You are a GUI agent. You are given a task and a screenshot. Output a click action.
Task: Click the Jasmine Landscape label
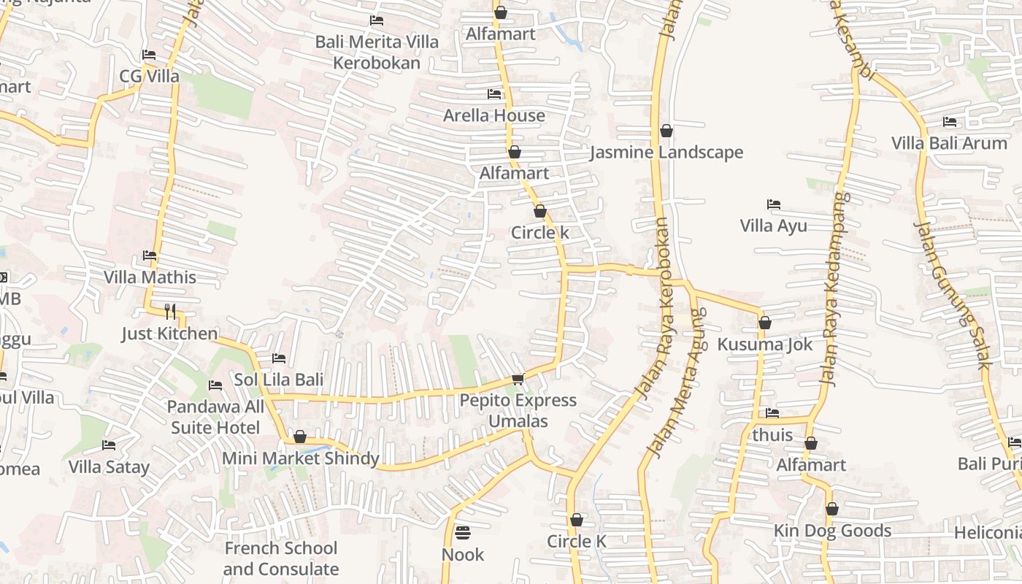tap(666, 152)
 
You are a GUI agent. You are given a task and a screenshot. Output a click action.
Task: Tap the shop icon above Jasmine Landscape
tap(666, 131)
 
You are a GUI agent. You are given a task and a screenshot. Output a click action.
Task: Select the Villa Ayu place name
tap(773, 226)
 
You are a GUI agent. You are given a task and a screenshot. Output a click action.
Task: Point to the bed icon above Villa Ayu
tap(773, 204)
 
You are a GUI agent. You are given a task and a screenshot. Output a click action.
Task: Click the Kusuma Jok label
tap(764, 344)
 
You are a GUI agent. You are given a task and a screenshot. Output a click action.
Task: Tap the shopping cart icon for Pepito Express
tap(518, 379)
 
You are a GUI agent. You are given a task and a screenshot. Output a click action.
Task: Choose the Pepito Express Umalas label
tap(518, 410)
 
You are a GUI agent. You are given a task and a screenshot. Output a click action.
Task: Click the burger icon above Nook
tap(462, 533)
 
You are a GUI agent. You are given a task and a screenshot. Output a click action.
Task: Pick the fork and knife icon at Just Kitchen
tap(169, 312)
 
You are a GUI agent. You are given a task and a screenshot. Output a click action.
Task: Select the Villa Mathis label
tap(150, 277)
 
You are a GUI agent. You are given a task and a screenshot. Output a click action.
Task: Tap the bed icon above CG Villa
tap(149, 55)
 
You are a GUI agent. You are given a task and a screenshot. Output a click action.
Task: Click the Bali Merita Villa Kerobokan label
tap(377, 52)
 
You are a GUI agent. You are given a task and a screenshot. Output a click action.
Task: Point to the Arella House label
tap(494, 115)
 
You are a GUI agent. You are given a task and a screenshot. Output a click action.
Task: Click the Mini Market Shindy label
tap(300, 458)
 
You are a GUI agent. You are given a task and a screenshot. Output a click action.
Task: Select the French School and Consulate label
tap(281, 558)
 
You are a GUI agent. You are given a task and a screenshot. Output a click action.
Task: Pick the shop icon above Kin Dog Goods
tap(831, 509)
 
